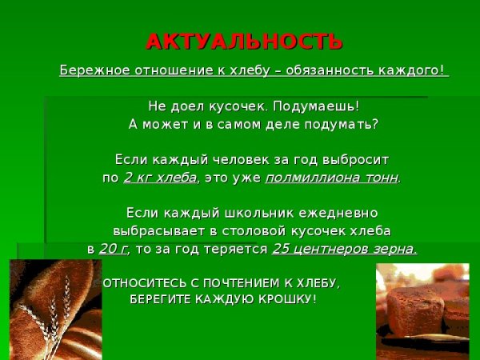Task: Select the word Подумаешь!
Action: tap(315, 106)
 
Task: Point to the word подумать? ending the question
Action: tap(345, 125)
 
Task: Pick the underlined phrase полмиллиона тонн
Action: tap(331, 178)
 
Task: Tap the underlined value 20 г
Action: tap(114, 249)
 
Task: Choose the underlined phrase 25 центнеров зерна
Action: tap(345, 249)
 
